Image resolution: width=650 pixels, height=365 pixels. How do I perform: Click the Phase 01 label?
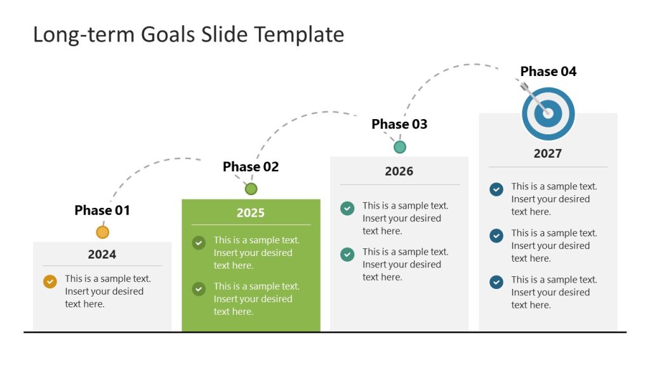102,210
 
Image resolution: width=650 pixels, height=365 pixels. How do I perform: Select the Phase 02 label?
251,167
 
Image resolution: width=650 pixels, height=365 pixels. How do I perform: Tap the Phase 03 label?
399,124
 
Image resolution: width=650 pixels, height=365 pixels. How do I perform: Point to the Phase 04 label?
548,72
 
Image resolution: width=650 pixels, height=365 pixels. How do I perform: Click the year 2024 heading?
102,254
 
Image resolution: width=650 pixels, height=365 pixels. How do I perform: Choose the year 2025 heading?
251,212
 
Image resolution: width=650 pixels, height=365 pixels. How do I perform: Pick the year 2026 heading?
399,171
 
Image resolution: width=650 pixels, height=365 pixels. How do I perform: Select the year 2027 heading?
548,153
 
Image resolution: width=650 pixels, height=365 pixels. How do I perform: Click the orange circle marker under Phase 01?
102,232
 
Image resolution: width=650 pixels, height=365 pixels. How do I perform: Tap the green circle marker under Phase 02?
251,189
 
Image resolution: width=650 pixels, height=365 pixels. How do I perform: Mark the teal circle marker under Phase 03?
399,147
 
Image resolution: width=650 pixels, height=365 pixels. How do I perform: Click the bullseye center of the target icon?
548,114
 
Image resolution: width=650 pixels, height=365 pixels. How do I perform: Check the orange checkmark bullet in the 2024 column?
50,282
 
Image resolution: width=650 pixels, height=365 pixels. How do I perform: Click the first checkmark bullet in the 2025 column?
199,243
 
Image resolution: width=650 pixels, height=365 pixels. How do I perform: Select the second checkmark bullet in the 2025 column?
199,289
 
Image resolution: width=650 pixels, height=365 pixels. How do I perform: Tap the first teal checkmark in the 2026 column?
347,208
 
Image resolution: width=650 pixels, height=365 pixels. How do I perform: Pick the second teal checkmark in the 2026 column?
347,254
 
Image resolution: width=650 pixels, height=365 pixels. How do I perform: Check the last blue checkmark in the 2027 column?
496,282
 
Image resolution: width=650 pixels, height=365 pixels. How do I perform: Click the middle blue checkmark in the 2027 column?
496,236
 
